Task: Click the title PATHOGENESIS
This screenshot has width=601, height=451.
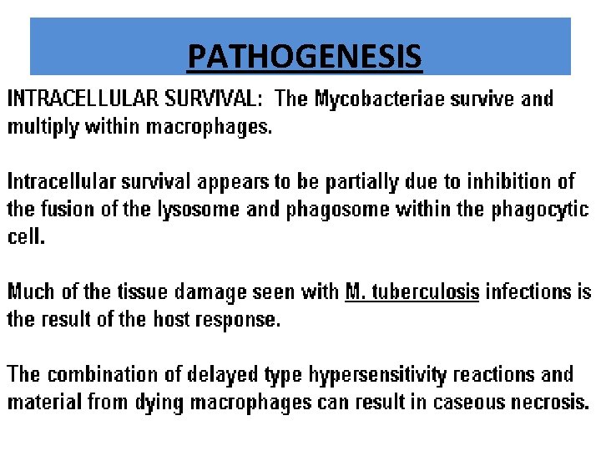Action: coord(305,57)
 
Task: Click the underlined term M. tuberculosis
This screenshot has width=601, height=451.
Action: coord(412,292)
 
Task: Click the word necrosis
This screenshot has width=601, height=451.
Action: coord(549,402)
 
